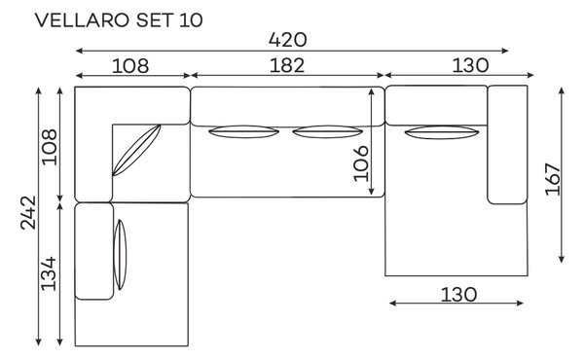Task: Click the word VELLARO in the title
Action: (x=83, y=20)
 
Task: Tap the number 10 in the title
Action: (x=191, y=20)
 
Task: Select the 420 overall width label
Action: (x=287, y=40)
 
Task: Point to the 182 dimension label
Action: (x=287, y=65)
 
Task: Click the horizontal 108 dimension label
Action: (x=130, y=66)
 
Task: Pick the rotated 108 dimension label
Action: (x=50, y=147)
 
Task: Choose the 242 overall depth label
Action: (x=28, y=212)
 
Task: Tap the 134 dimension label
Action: (x=49, y=273)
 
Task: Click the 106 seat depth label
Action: (x=361, y=163)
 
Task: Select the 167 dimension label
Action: (x=553, y=179)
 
